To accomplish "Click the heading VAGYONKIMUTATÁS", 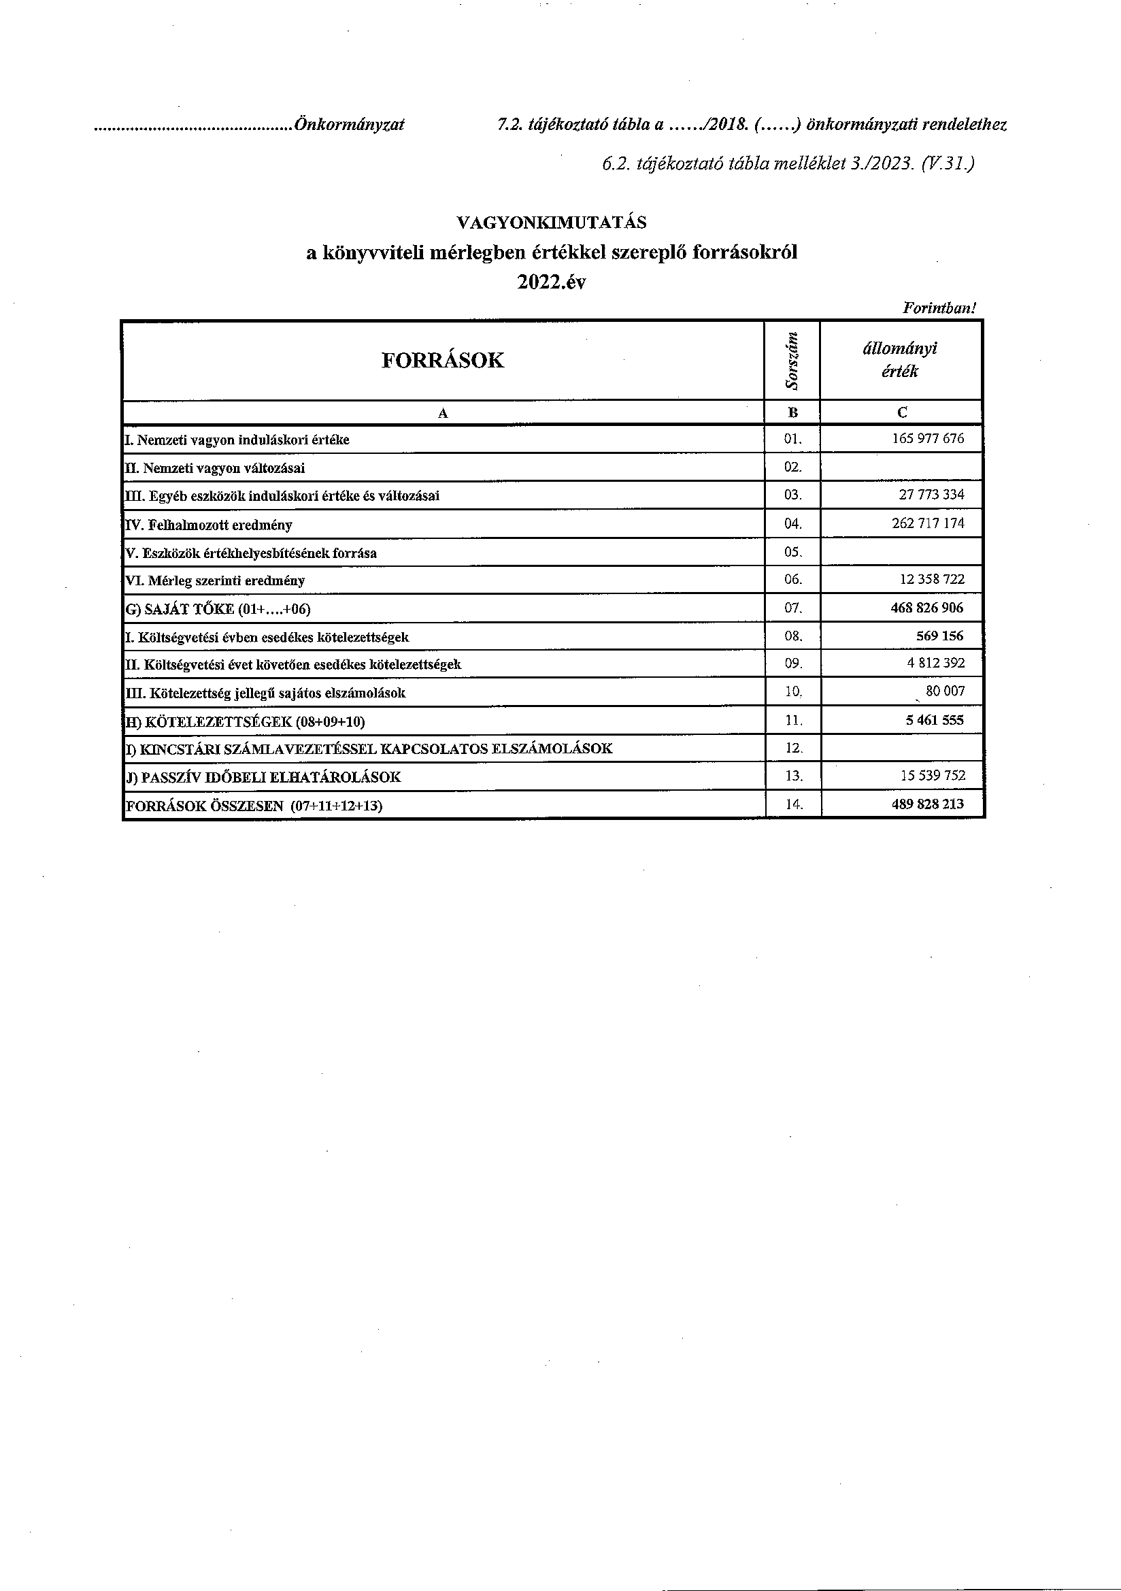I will (x=552, y=223).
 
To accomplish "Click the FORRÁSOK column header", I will (x=443, y=361).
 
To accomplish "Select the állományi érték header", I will (x=900, y=359).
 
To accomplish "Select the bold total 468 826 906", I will (x=927, y=608).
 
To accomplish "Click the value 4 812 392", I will (x=935, y=663).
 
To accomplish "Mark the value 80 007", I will (x=944, y=691).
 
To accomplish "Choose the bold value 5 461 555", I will (x=934, y=720).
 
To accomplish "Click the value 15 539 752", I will (x=932, y=775).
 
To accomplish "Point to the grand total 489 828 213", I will (x=927, y=804).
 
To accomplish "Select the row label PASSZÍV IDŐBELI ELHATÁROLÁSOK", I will (x=263, y=778).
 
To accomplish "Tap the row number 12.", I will (x=794, y=749).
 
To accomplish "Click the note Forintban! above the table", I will (x=939, y=308).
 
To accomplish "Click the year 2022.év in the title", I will (x=552, y=282).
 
